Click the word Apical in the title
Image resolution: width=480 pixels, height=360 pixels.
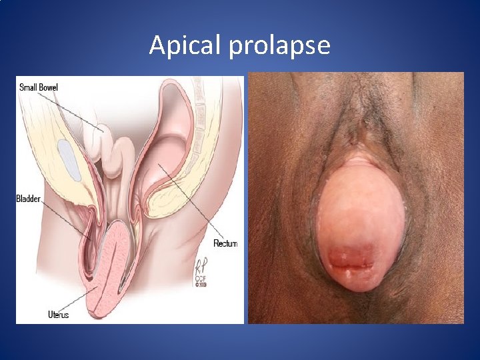[x=177, y=45]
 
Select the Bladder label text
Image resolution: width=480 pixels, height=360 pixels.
[x=28, y=199]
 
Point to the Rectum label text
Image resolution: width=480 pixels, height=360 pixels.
[x=225, y=243]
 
